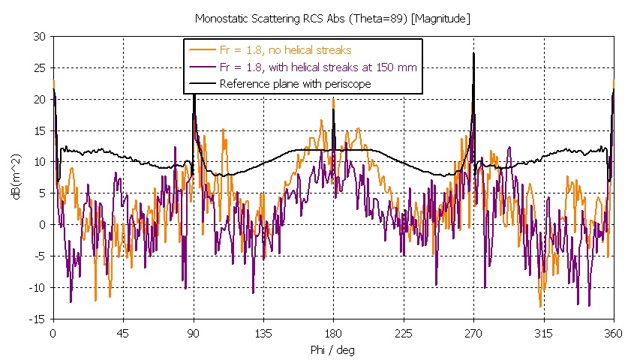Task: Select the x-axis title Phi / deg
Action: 333,350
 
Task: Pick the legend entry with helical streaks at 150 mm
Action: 318,67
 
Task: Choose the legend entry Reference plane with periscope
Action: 295,84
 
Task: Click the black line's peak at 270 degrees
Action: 473,53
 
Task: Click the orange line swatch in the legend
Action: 201,50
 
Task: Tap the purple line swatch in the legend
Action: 201,67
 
